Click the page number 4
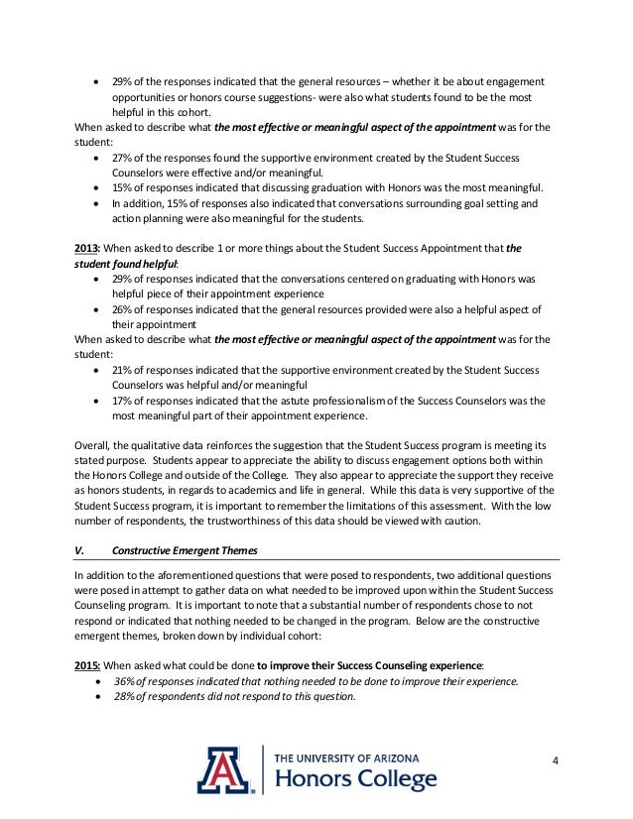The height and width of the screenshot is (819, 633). pyautogui.click(x=557, y=760)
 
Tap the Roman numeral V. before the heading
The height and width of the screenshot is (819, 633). pyautogui.click(x=79, y=550)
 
